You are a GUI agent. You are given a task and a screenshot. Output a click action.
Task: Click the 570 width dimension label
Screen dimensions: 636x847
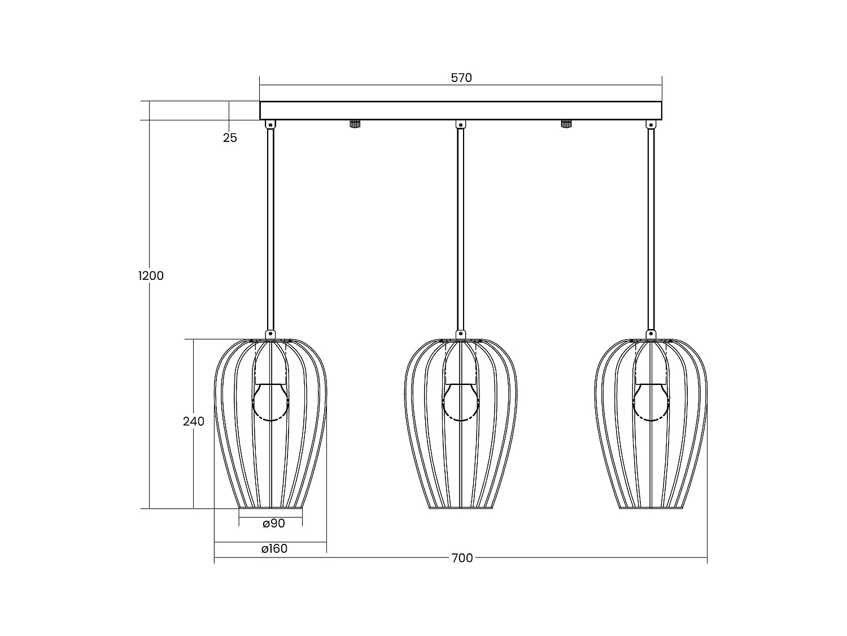pyautogui.click(x=461, y=78)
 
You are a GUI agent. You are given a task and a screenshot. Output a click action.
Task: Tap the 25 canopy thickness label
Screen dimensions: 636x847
pyautogui.click(x=230, y=137)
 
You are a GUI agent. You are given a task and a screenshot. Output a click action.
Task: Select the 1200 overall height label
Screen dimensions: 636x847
pyautogui.click(x=151, y=276)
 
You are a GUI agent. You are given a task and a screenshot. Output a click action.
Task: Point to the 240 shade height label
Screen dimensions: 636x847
pyautogui.click(x=194, y=421)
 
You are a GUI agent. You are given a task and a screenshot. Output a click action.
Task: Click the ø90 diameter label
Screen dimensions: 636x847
pyautogui.click(x=274, y=523)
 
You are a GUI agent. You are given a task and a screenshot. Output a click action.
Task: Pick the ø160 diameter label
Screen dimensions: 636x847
pyautogui.click(x=274, y=548)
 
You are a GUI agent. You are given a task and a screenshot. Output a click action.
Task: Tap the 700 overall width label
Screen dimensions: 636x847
pyautogui.click(x=462, y=558)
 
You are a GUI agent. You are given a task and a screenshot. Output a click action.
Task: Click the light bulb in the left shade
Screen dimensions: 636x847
pyautogui.click(x=270, y=402)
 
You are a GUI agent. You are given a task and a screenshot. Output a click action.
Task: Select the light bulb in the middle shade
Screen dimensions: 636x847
pyautogui.click(x=461, y=402)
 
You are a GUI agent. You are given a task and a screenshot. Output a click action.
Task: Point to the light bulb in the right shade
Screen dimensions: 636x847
pyautogui.click(x=651, y=402)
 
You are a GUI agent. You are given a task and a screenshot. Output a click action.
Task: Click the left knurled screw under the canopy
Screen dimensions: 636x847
pyautogui.click(x=355, y=124)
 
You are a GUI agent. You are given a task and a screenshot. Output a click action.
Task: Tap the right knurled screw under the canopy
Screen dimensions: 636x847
pyautogui.click(x=566, y=124)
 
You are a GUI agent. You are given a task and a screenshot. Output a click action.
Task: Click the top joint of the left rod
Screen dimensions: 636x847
pyautogui.click(x=270, y=124)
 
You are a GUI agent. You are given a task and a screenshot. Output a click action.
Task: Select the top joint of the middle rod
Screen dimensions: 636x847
pyautogui.click(x=461, y=124)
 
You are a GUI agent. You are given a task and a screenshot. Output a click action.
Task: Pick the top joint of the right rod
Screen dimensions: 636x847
pyautogui.click(x=651, y=124)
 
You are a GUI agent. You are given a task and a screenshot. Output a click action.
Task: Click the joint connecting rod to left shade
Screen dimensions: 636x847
pyautogui.click(x=270, y=334)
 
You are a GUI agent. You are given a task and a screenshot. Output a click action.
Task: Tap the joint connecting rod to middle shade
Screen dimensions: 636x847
pyautogui.click(x=461, y=334)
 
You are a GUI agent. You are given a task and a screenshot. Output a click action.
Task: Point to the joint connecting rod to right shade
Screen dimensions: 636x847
pyautogui.click(x=651, y=334)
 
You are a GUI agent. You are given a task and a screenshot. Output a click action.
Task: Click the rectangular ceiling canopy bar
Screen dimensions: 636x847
pyautogui.click(x=461, y=110)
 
